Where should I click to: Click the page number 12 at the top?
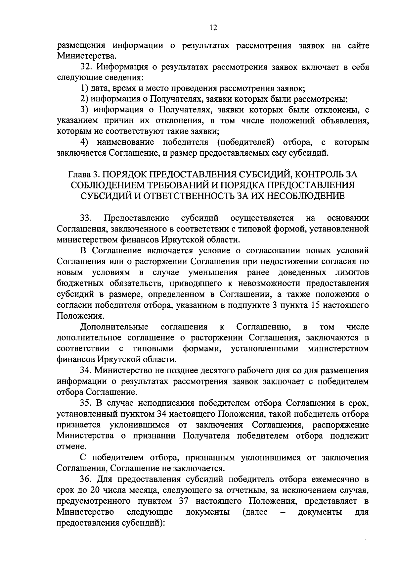tap(213, 28)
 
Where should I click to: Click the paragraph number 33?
tap(87, 218)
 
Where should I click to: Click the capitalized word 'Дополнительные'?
tap(114, 327)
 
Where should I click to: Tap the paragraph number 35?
tap(87, 403)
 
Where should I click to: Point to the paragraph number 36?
tap(87, 479)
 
